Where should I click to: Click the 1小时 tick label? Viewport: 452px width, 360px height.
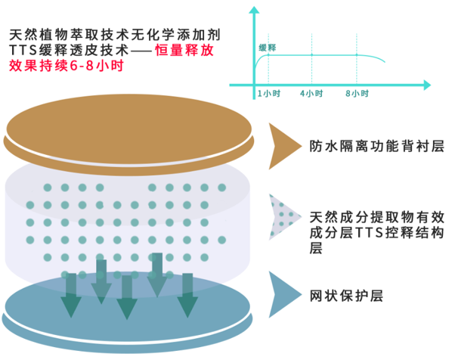[268, 94]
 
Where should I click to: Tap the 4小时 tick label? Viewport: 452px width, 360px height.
[311, 94]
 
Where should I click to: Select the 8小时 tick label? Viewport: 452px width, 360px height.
[358, 94]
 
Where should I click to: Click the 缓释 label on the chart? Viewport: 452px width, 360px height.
[268, 48]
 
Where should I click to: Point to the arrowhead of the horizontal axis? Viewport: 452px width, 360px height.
[427, 85]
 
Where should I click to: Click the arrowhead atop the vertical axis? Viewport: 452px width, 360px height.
[254, 11]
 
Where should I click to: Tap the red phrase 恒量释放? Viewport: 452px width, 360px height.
[184, 50]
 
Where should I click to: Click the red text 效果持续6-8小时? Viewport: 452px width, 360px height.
[67, 66]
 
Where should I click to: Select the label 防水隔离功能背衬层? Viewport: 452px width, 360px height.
[376, 146]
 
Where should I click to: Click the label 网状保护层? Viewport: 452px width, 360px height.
[346, 296]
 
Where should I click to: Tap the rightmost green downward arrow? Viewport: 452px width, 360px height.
[187, 296]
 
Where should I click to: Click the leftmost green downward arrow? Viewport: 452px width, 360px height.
[71, 296]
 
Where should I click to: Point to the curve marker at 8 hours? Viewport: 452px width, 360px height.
[357, 54]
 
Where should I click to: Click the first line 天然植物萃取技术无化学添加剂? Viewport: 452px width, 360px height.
[115, 35]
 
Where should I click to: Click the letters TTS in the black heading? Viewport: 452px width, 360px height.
[23, 50]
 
